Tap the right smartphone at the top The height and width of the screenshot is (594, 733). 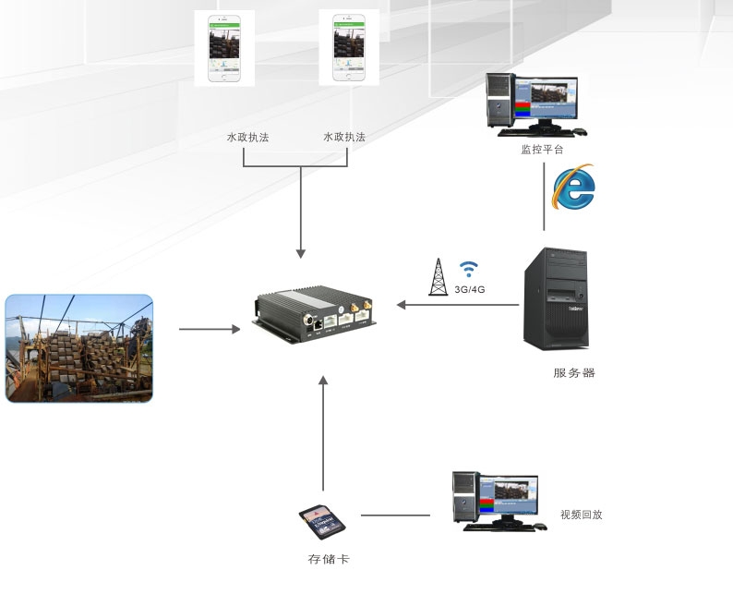342,47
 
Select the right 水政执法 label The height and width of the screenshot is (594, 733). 344,137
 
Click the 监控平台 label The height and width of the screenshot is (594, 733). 542,149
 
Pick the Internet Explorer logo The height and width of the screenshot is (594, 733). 572,188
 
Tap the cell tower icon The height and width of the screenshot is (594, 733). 439,276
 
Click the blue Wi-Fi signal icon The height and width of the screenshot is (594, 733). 470,269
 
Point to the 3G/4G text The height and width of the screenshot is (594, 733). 470,289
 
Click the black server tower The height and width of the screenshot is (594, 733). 555,297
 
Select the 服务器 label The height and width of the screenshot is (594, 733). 574,373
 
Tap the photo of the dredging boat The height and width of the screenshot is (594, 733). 78,347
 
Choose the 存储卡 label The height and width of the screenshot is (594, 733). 328,560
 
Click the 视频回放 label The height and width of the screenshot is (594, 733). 582,515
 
